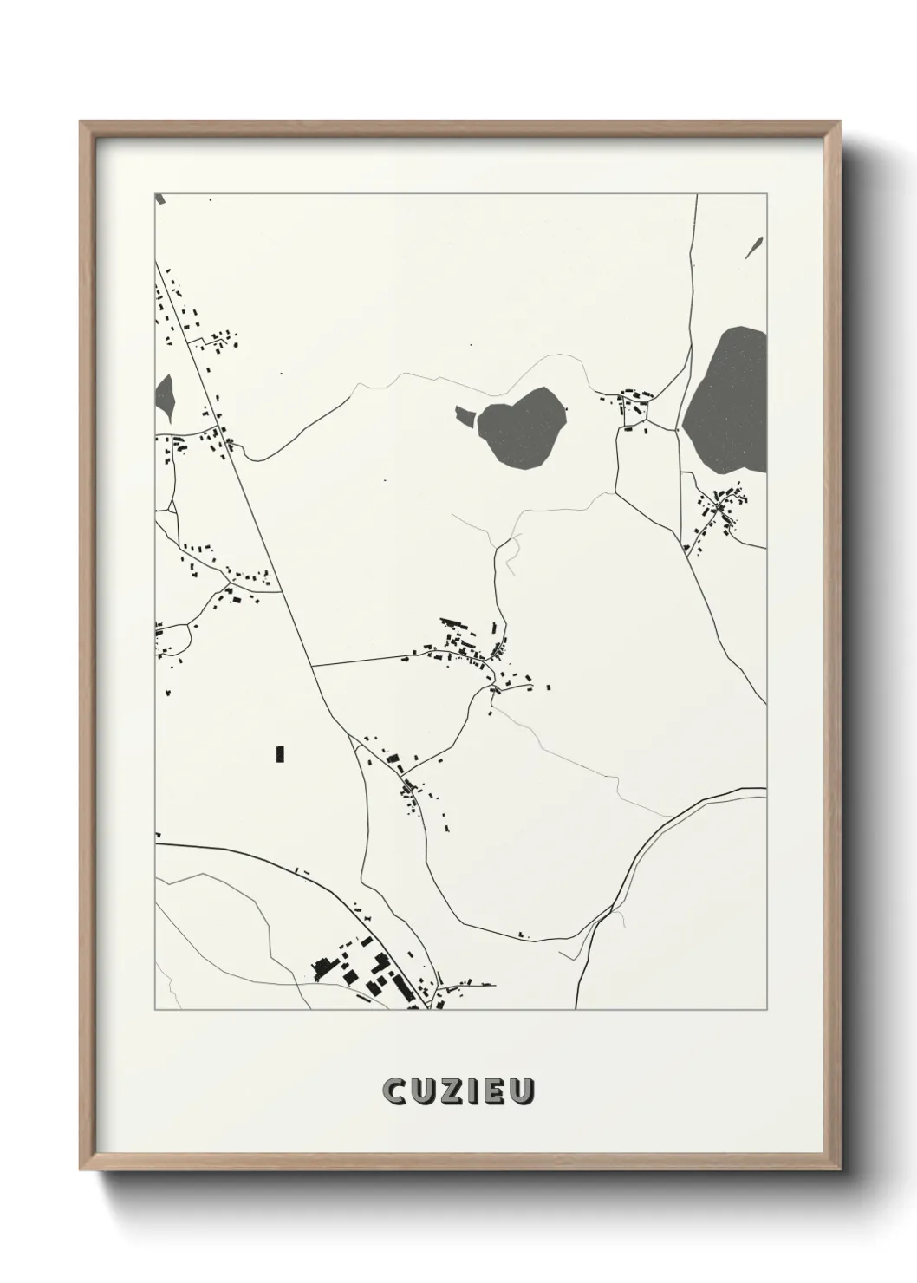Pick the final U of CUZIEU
click(522, 1092)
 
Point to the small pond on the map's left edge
click(165, 396)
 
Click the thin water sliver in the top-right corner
click(753, 247)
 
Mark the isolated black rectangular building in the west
click(280, 753)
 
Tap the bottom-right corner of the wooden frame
click(838, 1170)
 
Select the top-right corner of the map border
click(766, 193)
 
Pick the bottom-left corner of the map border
click(155, 1009)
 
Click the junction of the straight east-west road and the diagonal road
click(312, 666)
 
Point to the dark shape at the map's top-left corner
click(159, 199)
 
